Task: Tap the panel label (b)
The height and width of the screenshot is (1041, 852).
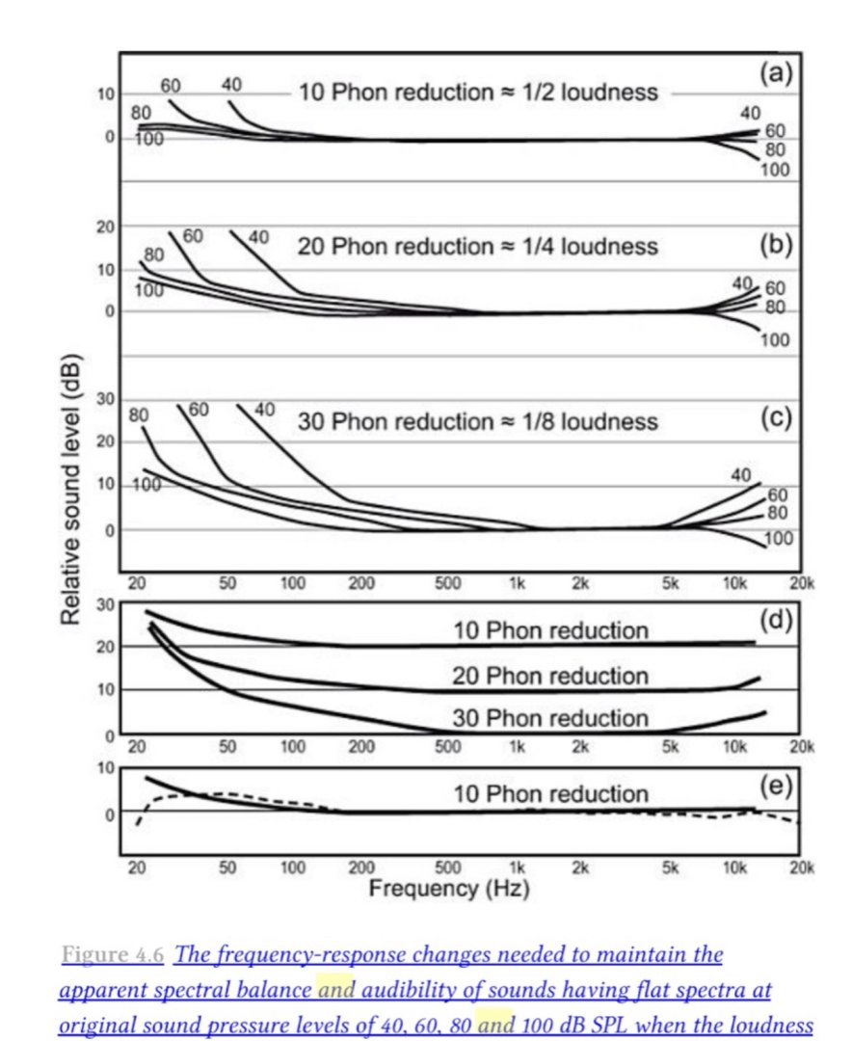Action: click(775, 245)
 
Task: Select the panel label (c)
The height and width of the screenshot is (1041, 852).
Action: click(775, 421)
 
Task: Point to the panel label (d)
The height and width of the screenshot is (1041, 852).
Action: click(775, 621)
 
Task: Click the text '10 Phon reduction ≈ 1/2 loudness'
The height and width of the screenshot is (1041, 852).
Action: click(479, 93)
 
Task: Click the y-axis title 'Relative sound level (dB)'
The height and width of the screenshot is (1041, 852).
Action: click(70, 492)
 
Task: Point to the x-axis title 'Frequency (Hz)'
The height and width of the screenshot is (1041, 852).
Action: click(449, 887)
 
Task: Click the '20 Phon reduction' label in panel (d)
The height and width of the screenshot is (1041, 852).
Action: click(550, 675)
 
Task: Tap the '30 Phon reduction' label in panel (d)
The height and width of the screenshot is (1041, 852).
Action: click(550, 718)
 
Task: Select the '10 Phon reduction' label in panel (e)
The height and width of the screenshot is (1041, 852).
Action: click(550, 794)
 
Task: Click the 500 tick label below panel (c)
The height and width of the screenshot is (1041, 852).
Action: click(449, 584)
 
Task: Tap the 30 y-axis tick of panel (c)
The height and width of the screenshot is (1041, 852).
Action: click(105, 400)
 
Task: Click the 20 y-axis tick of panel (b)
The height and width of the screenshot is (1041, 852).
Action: click(105, 227)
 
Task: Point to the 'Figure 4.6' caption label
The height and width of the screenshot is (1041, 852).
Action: click(111, 955)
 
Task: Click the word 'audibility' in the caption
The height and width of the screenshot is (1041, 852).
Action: click(416, 990)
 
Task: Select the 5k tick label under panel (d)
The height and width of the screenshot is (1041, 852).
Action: click(671, 746)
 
